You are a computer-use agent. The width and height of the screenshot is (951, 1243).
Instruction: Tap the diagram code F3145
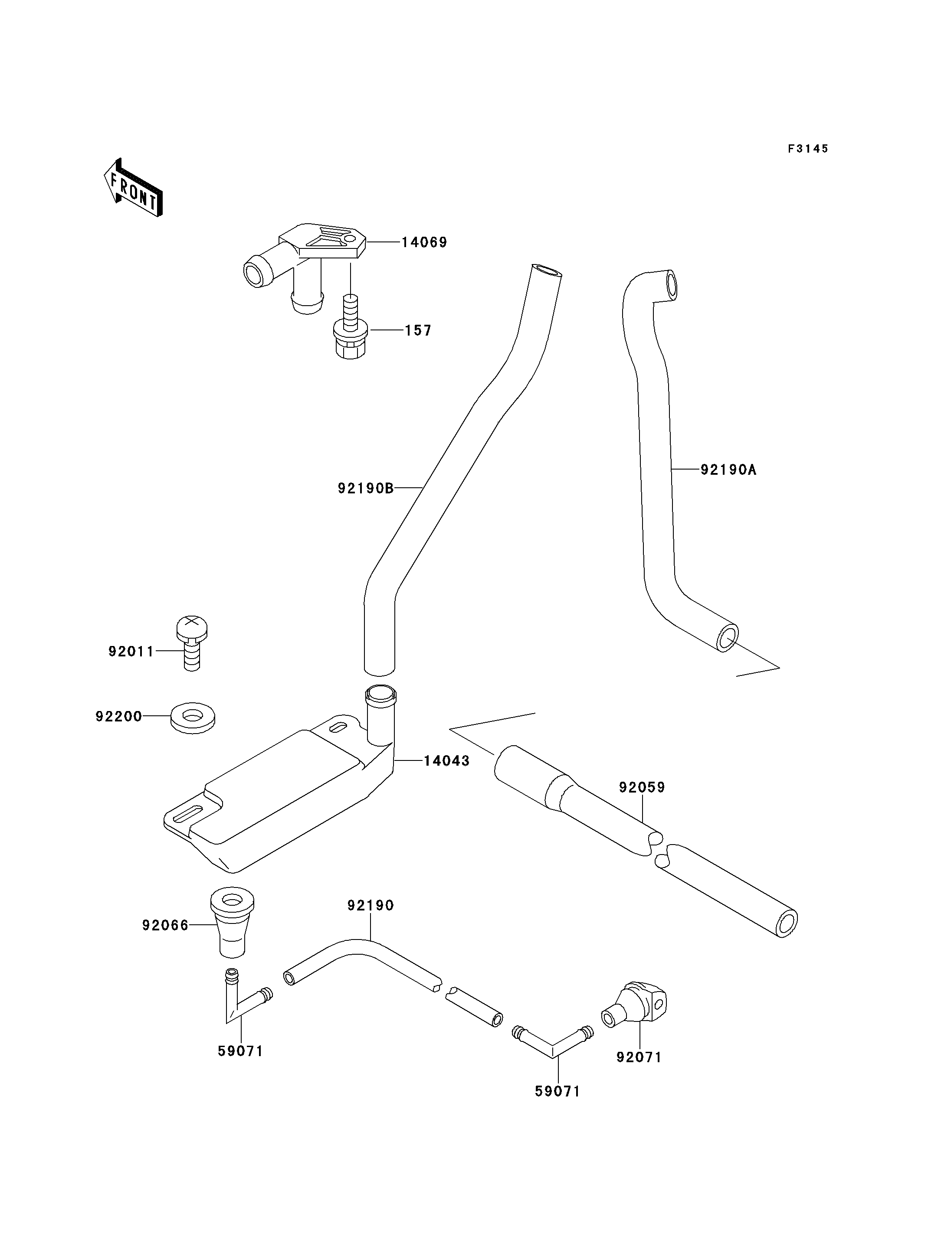click(x=808, y=149)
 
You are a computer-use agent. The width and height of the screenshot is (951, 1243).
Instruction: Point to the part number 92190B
click(x=366, y=488)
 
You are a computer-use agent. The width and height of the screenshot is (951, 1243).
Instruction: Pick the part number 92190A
click(x=728, y=469)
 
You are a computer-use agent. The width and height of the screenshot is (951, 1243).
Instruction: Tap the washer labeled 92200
click(x=193, y=718)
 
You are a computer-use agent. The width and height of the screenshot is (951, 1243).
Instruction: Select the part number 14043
click(x=446, y=761)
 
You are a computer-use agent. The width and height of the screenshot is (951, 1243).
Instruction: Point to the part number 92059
click(x=642, y=787)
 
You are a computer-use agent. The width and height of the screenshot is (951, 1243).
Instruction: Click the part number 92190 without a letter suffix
click(x=370, y=905)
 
